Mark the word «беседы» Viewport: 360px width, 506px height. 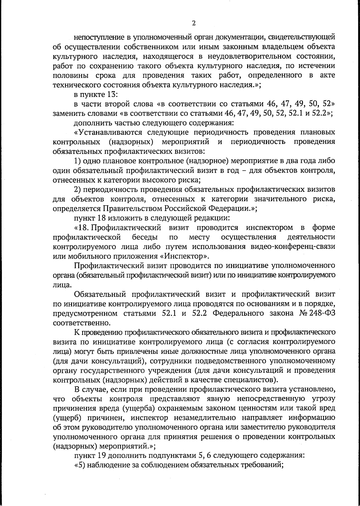pos(145,237)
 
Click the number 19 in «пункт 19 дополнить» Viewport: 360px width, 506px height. pos(100,456)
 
